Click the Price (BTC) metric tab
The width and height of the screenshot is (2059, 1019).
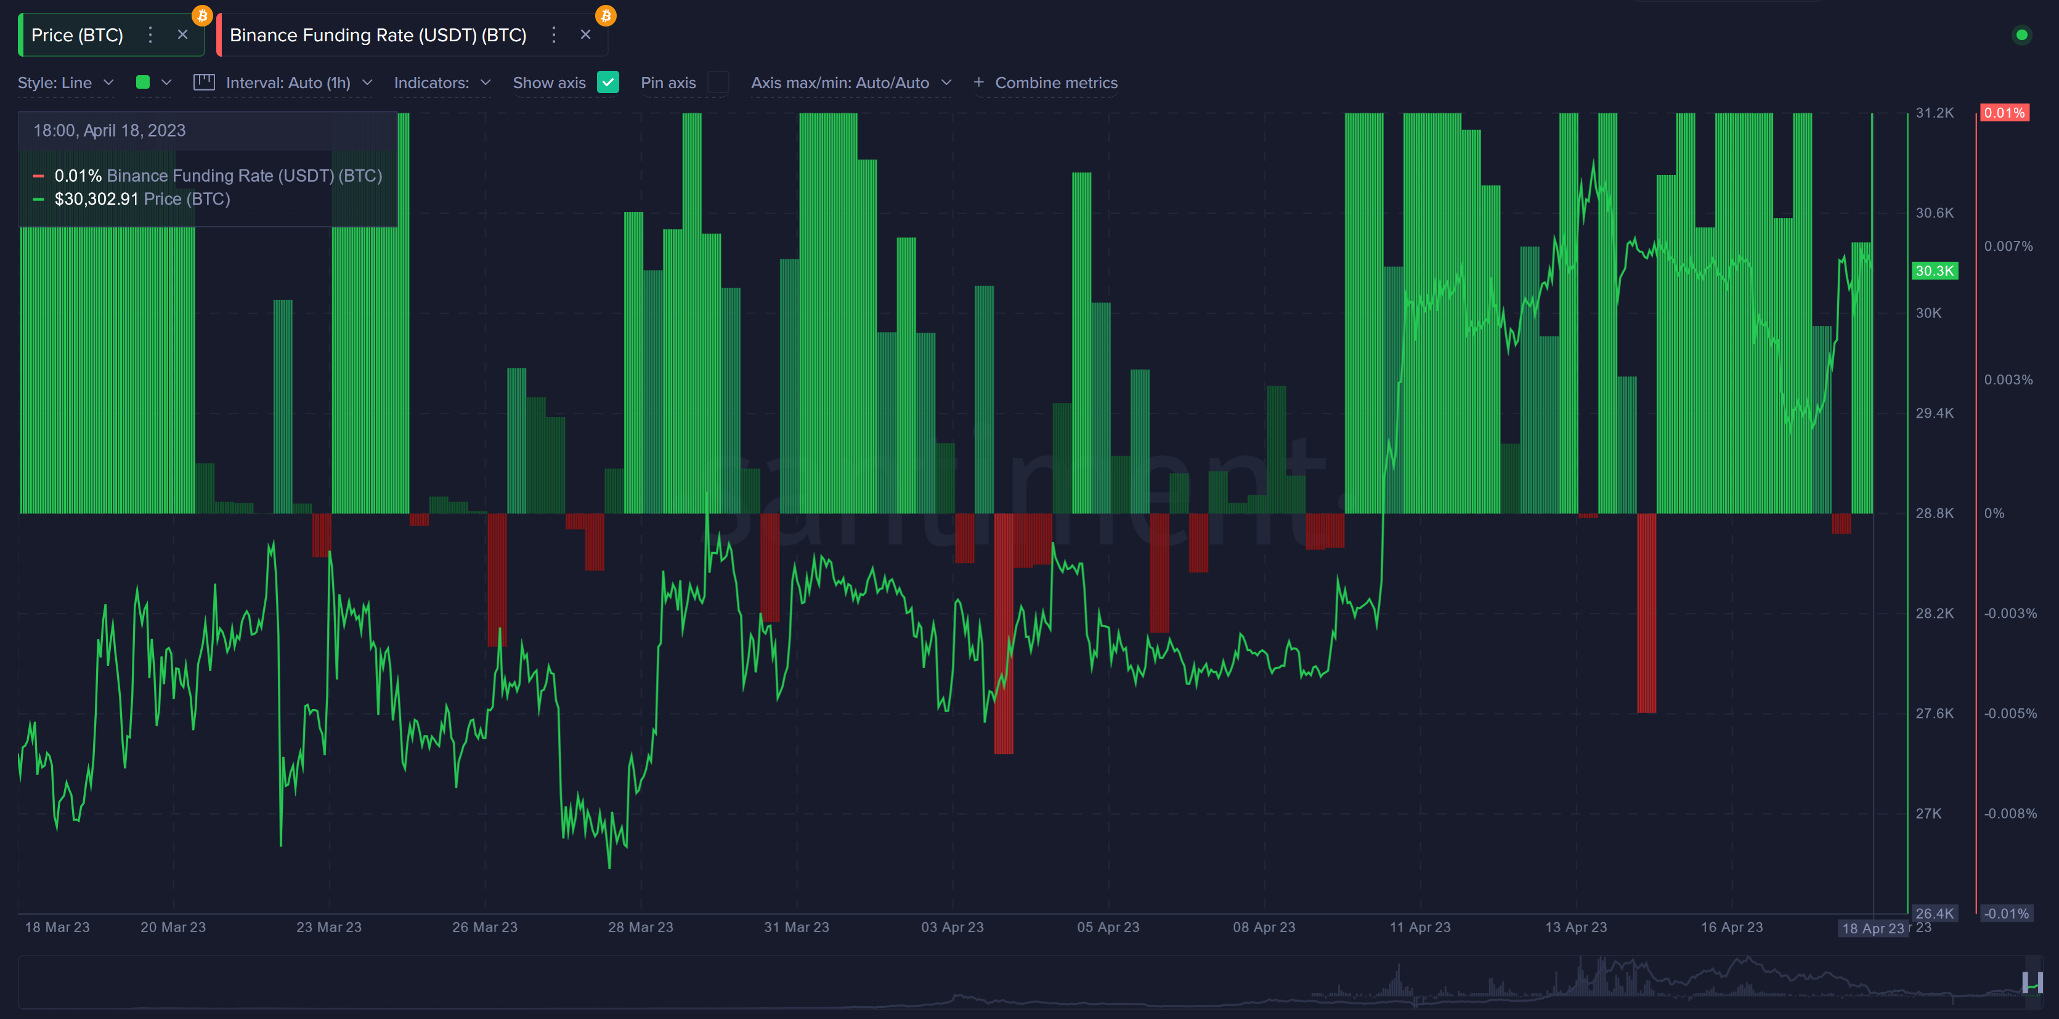click(x=77, y=35)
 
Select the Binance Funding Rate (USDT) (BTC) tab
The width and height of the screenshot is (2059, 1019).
click(x=377, y=35)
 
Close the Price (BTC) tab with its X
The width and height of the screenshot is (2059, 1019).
click(x=182, y=35)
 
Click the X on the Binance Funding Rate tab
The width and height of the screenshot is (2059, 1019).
click(x=585, y=35)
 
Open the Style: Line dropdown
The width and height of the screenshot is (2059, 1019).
click(x=65, y=83)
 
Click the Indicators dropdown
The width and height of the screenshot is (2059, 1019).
click(x=441, y=83)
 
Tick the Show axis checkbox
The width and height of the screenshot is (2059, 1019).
click(x=608, y=83)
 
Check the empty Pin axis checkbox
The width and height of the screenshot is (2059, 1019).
click(x=718, y=83)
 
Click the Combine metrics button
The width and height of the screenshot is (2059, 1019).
click(x=1046, y=83)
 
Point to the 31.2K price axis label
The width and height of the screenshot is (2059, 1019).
click(x=1935, y=113)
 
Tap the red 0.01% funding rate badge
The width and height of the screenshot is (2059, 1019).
click(x=2004, y=113)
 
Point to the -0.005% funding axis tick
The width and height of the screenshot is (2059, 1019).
click(x=2010, y=713)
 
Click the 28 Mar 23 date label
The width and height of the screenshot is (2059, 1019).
click(x=640, y=927)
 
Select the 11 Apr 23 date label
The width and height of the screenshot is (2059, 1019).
click(x=1419, y=927)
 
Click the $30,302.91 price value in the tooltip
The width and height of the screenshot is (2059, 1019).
click(x=96, y=199)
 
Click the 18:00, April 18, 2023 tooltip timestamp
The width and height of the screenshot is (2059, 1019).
click(x=110, y=130)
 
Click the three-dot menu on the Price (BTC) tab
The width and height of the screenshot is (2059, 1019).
click(x=150, y=35)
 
